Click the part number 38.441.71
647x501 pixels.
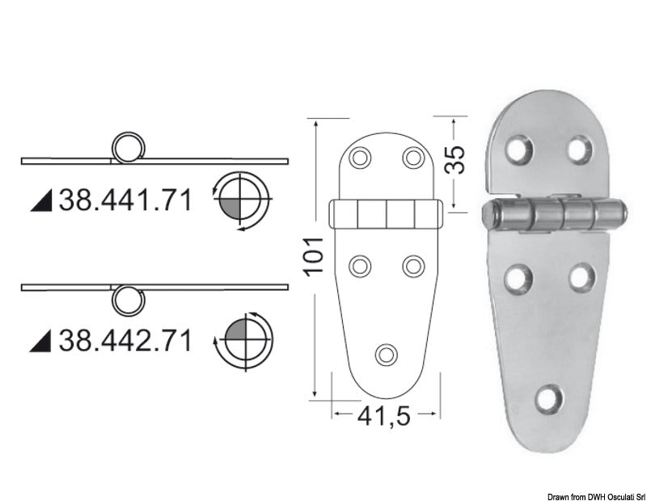[125, 200]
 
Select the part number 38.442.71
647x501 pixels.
[125, 341]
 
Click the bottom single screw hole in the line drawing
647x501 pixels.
[387, 353]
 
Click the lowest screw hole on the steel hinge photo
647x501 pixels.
[551, 397]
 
